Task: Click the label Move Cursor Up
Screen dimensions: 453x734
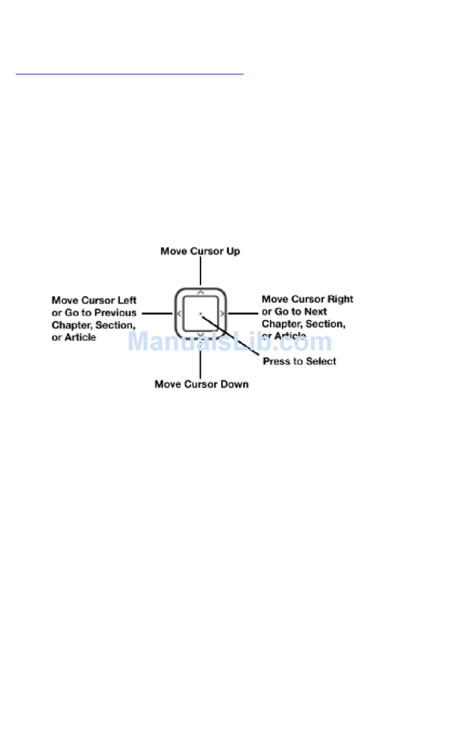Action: click(x=200, y=251)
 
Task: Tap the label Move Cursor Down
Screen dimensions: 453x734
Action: click(x=201, y=384)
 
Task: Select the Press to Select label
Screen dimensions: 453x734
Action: click(x=299, y=361)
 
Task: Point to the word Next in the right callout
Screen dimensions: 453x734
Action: click(x=316, y=312)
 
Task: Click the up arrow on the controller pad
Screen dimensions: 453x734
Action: click(x=201, y=292)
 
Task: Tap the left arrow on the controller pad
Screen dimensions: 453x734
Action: click(x=179, y=314)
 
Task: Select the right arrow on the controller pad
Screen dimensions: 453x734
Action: click(x=222, y=314)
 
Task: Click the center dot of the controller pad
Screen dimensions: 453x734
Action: click(x=201, y=314)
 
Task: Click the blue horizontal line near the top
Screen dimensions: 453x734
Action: click(x=129, y=74)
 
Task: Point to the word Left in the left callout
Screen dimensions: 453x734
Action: click(x=127, y=300)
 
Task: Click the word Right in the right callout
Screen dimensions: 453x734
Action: click(x=340, y=299)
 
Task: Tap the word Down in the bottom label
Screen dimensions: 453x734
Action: click(x=234, y=384)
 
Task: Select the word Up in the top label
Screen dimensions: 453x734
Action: click(x=233, y=251)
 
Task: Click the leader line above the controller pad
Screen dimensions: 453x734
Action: click(x=200, y=271)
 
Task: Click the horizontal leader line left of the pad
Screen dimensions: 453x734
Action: click(x=157, y=314)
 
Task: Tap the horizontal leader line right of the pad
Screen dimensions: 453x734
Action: click(x=243, y=314)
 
